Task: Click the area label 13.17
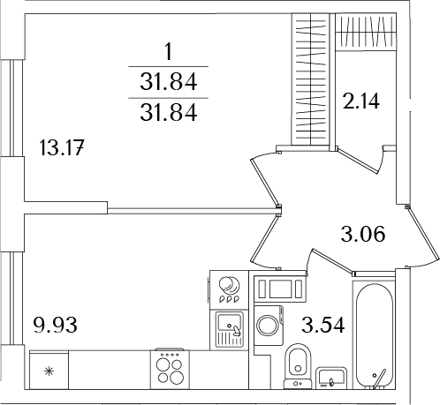[x=62, y=147]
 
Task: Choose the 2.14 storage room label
[x=361, y=101]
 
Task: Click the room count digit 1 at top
[x=167, y=52]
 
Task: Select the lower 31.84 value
[x=167, y=112]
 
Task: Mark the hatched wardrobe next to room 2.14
[x=314, y=79]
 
